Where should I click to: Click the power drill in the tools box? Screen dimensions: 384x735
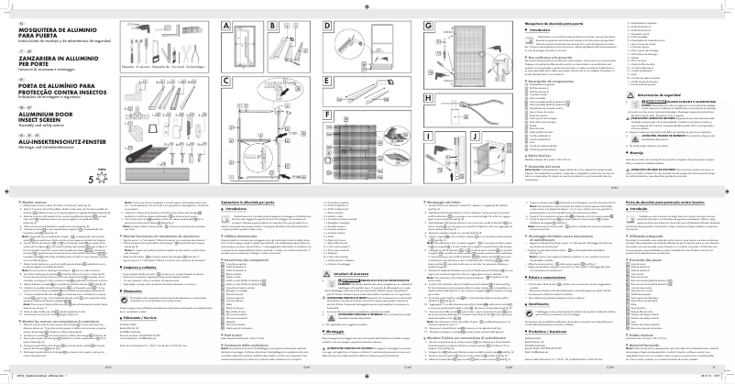click(x=139, y=51)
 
